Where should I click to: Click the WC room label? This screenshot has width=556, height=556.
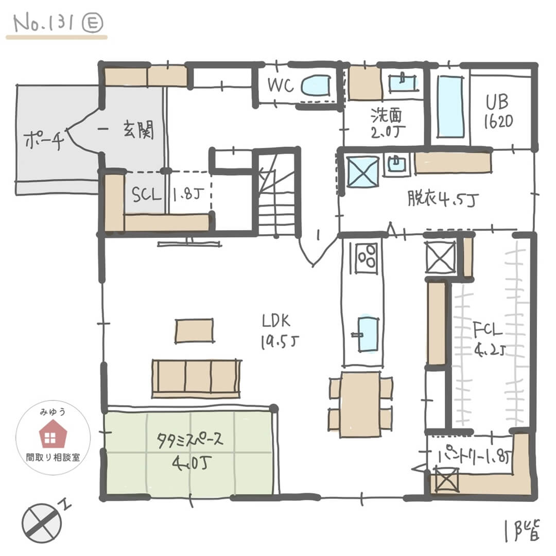coord(281,85)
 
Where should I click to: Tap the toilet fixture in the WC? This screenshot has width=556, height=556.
coord(316,85)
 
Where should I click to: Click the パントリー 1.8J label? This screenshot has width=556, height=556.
coord(474,456)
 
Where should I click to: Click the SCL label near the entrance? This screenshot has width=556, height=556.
coord(147,196)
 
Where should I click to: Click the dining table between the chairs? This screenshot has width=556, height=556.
coord(360,404)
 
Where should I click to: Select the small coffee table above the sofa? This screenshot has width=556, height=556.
coord(194,330)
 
